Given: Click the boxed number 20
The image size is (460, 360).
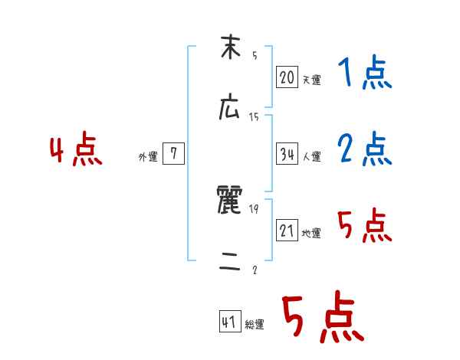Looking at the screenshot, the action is [x=287, y=77].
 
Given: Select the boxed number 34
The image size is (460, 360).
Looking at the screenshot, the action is [x=287, y=155].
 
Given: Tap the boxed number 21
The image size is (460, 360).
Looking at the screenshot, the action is [x=287, y=231].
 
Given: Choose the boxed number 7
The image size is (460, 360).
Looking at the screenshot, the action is [x=173, y=155].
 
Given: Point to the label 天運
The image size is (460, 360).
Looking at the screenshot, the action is [x=311, y=80].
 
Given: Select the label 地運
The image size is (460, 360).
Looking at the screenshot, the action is [x=311, y=233].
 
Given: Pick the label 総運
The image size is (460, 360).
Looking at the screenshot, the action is [x=255, y=325].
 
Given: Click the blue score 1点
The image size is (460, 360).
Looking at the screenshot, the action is [x=364, y=74].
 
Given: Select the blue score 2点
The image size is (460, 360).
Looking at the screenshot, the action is [x=364, y=149].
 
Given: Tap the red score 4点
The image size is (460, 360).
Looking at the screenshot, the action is [x=76, y=151].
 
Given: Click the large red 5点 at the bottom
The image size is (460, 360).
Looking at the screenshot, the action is [x=322, y=318].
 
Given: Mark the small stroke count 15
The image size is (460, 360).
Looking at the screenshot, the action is [x=254, y=116].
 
